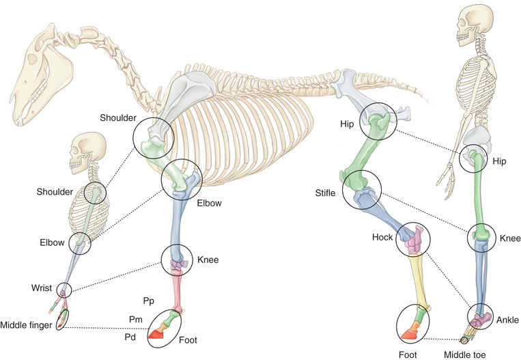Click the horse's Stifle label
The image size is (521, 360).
(325, 194)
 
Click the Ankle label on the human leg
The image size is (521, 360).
(507, 320)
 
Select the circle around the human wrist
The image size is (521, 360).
(64, 290)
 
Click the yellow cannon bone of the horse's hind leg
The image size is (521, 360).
(418, 280)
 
